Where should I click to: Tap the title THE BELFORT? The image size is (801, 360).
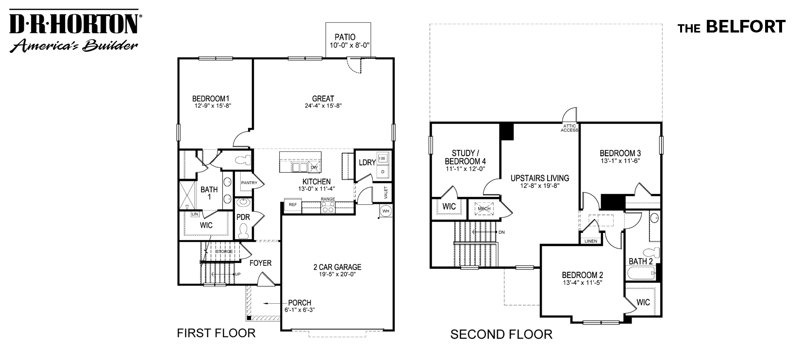pyautogui.click(x=732, y=27)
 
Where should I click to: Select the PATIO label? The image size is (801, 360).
pyautogui.click(x=345, y=37)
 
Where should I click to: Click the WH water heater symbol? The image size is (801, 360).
pyautogui.click(x=385, y=211)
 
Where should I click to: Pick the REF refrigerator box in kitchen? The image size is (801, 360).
pyautogui.click(x=292, y=205)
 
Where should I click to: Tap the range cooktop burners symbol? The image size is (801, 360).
pyautogui.click(x=328, y=207)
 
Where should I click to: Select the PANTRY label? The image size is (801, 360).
pyautogui.click(x=249, y=183)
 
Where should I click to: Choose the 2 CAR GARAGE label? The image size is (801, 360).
pyautogui.click(x=337, y=267)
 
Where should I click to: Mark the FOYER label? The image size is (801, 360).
pyautogui.click(x=260, y=263)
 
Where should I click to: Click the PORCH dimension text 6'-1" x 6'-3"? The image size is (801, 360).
pyautogui.click(x=300, y=311)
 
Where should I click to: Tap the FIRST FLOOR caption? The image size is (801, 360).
pyautogui.click(x=216, y=333)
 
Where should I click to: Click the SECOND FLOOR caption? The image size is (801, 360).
pyautogui.click(x=501, y=334)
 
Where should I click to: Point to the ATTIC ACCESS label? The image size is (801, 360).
pyautogui.click(x=569, y=128)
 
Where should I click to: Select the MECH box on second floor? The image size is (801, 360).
pyautogui.click(x=484, y=209)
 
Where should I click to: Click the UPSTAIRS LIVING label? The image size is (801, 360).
pyautogui.click(x=539, y=178)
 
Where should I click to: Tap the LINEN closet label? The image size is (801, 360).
pyautogui.click(x=591, y=241)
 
